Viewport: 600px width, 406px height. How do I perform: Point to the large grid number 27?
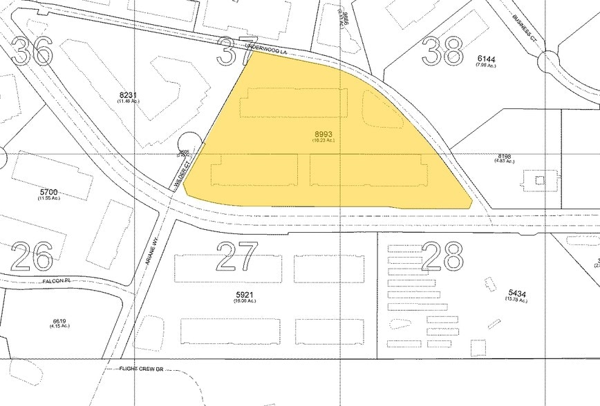238,255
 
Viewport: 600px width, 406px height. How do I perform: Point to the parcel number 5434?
517,293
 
